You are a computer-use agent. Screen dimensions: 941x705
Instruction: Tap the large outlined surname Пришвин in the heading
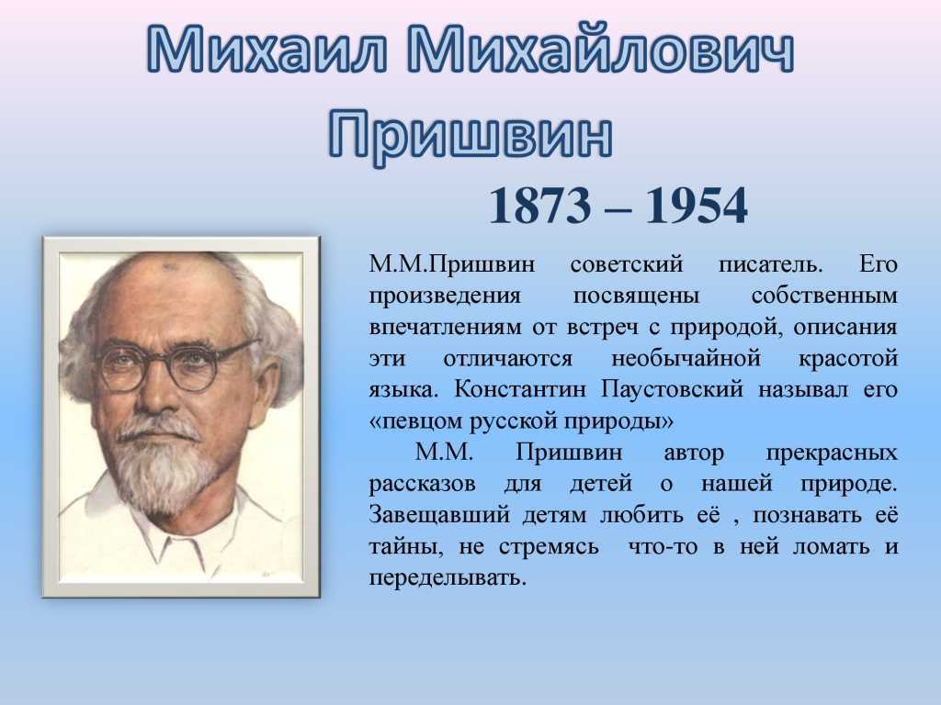pos(470,134)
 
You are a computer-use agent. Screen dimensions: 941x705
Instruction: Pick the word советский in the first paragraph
pos(627,264)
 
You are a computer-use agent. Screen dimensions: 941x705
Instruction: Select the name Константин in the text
pos(520,389)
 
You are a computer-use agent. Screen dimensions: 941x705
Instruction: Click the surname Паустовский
pos(672,389)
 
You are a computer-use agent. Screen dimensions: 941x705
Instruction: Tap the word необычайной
pos(686,359)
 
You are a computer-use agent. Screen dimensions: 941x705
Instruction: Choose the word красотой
pos(848,359)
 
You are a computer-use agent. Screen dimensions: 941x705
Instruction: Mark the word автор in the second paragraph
pos(694,452)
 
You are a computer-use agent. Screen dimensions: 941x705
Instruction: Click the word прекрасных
pos(832,453)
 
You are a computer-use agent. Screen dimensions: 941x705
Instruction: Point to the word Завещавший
pos(439,515)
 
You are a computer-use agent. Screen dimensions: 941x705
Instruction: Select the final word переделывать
pos(448,578)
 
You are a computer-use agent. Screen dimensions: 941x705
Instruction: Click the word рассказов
pos(422,484)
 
